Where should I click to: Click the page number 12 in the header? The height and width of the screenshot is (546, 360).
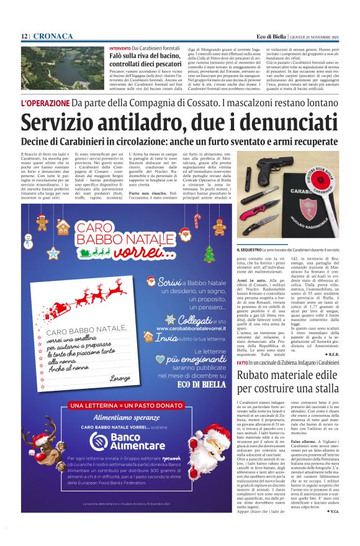[x=24, y=37]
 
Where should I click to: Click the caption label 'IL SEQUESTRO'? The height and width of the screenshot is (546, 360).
[x=250, y=250]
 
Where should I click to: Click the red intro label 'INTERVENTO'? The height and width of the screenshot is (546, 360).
[x=120, y=48]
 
